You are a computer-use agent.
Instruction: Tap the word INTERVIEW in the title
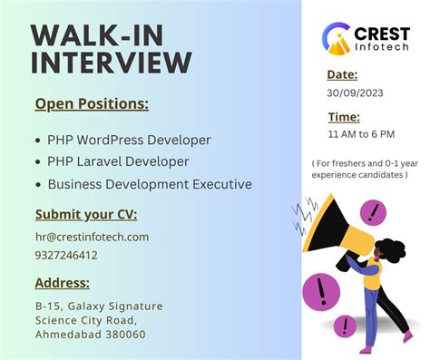[112, 63]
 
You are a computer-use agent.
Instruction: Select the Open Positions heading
[91, 104]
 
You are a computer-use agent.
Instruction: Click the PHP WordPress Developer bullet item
[129, 141]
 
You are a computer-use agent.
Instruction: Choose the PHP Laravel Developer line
[118, 161]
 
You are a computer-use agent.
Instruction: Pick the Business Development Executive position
[150, 183]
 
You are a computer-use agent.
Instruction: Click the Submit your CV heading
[85, 215]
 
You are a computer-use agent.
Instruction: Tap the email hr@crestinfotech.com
[92, 237]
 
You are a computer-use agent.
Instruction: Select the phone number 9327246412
[66, 255]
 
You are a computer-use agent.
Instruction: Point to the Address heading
[62, 283]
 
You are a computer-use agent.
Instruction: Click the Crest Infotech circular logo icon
[337, 37]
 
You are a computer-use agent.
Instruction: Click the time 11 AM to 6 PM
[360, 134]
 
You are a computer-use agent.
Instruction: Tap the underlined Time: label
[344, 117]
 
